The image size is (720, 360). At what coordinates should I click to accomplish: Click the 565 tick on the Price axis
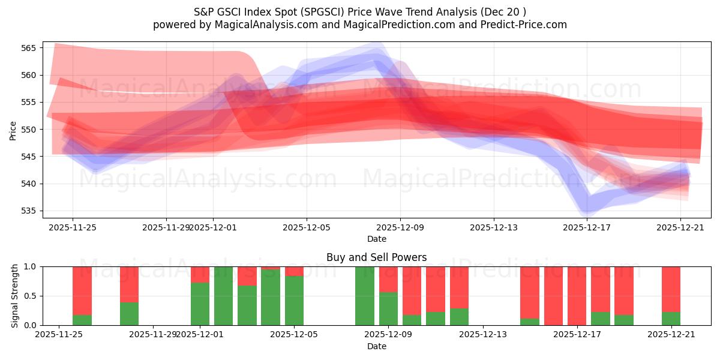coord(30,48)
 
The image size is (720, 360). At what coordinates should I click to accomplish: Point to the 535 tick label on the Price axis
coord(30,211)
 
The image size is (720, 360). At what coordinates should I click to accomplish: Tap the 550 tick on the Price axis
coord(30,130)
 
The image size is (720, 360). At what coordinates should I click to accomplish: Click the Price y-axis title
coord(13,130)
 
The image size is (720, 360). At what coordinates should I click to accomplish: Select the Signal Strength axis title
coord(15,296)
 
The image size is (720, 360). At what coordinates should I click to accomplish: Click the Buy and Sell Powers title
coord(376,257)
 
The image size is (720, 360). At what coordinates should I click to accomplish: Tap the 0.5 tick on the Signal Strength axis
coord(30,296)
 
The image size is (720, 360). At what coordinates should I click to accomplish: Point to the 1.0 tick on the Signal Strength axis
coord(30,266)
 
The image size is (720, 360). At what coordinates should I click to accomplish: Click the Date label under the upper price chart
coord(376,239)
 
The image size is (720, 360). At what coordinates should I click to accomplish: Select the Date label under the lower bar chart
coord(376,346)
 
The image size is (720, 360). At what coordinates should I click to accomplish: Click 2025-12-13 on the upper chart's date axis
coord(493,227)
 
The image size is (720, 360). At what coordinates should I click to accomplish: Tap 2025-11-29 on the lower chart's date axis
coord(154,335)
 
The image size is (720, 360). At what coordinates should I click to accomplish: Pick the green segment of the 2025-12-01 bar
coord(200,304)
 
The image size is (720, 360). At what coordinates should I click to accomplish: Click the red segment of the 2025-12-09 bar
coord(388,279)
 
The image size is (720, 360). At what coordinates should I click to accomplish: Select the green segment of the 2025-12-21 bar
coord(671,319)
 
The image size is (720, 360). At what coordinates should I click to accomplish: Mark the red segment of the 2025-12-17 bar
coord(600,289)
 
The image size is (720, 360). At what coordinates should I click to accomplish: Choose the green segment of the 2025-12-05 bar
coord(294,301)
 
